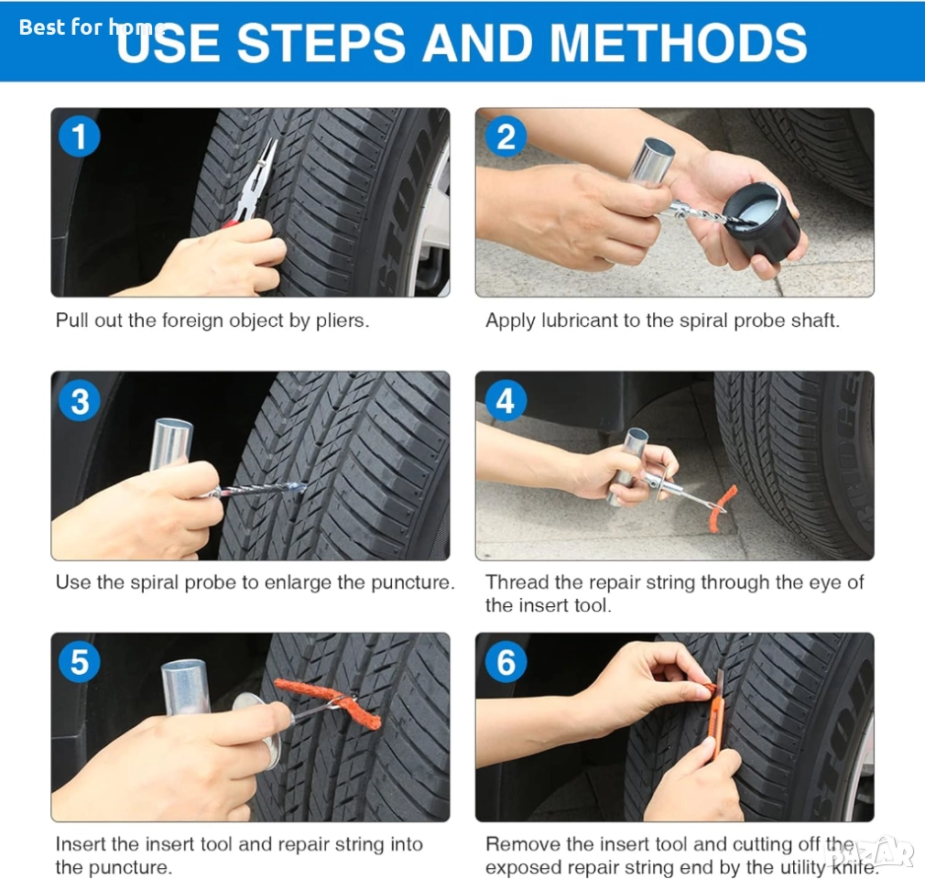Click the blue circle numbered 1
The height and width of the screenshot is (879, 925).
tap(79, 136)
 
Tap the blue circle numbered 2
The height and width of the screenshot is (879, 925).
tap(506, 136)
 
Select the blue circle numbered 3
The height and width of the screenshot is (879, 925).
tap(79, 400)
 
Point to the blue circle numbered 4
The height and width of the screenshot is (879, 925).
tap(506, 400)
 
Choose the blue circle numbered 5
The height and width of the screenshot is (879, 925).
tap(79, 662)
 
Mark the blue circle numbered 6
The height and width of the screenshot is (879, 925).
tap(506, 662)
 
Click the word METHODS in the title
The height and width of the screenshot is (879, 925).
tap(678, 42)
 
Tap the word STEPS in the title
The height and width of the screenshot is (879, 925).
tap(321, 42)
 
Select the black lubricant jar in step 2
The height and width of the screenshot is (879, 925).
tap(760, 222)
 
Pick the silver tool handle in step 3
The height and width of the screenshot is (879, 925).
tap(170, 444)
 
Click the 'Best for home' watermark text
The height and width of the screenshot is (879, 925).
tap(92, 27)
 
